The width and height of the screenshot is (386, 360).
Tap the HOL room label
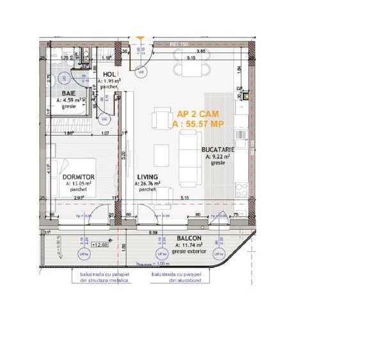pos(109,75)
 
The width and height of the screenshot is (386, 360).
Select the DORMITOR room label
pos(79,176)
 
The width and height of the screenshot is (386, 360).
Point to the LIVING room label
pos(147,176)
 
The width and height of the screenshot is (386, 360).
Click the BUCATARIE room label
pos(220,149)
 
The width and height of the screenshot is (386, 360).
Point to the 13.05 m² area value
pos(80,183)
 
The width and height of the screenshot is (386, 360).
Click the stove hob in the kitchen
pos(242,189)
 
